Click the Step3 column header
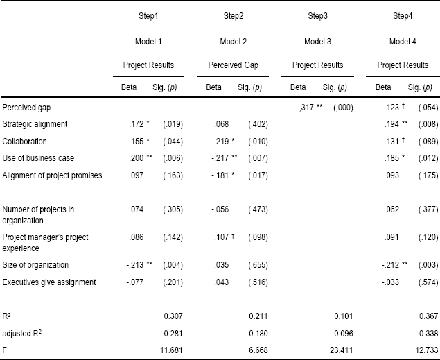317,16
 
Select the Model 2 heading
233,42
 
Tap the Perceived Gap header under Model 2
233,65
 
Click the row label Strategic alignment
35,124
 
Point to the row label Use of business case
38,158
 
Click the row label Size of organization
35,265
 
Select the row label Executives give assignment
49,282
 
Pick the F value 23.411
341,350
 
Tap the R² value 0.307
173,316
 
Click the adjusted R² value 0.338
428,334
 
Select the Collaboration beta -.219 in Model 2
220,142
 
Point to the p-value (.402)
258,124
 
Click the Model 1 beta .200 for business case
137,158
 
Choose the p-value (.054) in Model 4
428,108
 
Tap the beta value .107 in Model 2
222,237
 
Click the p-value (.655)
258,265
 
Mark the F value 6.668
258,350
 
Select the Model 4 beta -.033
390,282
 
